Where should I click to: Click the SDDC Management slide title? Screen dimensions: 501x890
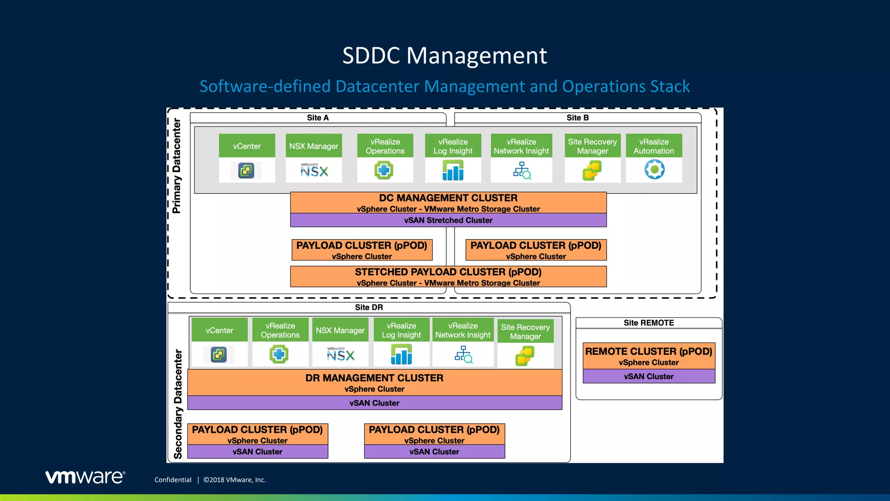click(x=445, y=56)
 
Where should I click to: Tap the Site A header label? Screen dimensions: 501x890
click(x=318, y=118)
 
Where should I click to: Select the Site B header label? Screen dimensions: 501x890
click(x=577, y=118)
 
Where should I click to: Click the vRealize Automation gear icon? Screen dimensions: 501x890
click(x=654, y=170)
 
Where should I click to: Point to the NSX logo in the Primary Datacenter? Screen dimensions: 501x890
click(x=314, y=170)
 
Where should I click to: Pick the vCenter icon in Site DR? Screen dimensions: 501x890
click(x=219, y=354)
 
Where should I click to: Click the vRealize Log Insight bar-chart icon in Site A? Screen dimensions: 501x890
click(x=453, y=170)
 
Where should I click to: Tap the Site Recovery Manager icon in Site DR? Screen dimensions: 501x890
click(x=525, y=356)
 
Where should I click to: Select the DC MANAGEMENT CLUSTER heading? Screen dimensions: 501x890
click(x=448, y=198)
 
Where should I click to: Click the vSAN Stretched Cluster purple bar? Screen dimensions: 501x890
click(x=448, y=220)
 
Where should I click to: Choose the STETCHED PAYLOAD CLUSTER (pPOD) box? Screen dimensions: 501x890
click(x=448, y=277)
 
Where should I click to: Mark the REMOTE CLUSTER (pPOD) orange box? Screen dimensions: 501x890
click(x=648, y=356)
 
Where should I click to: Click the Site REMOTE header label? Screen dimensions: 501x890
click(x=648, y=323)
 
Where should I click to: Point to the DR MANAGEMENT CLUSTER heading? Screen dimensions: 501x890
click(x=374, y=378)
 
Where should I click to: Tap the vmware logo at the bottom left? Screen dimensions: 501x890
click(x=85, y=477)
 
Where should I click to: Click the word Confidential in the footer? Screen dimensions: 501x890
click(x=173, y=480)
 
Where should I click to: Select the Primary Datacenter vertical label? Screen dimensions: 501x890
click(x=176, y=166)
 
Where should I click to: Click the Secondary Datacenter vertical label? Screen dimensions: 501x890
click(x=178, y=404)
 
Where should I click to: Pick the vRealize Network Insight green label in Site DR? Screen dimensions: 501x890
click(x=463, y=330)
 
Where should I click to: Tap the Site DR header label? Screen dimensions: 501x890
click(x=369, y=307)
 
